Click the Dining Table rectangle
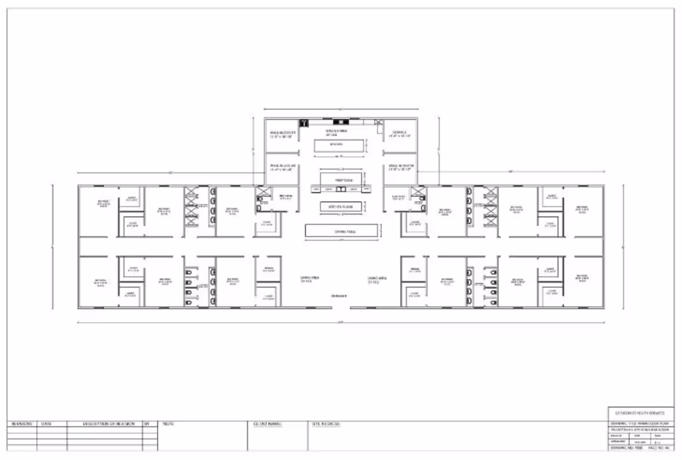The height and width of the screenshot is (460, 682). click(x=342, y=231)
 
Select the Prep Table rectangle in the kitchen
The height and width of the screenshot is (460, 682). click(x=340, y=179)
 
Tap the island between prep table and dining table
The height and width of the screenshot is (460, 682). click(x=340, y=207)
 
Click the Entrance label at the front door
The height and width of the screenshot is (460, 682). click(x=339, y=297)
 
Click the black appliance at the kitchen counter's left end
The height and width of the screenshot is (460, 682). click(x=304, y=122)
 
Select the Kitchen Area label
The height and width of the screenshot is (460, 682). click(x=337, y=132)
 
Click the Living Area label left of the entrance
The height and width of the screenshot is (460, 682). click(x=309, y=279)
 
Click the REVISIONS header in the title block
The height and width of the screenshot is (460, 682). click(x=22, y=425)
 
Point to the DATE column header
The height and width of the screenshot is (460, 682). click(x=46, y=425)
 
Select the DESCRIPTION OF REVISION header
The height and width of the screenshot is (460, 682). click(x=104, y=425)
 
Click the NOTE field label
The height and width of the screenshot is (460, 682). click(x=168, y=425)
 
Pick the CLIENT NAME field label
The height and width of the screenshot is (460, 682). click(x=267, y=425)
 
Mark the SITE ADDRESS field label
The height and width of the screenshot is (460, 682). click(x=326, y=425)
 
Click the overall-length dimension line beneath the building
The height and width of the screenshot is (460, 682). click(x=341, y=322)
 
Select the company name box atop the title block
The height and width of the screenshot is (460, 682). click(x=639, y=413)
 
